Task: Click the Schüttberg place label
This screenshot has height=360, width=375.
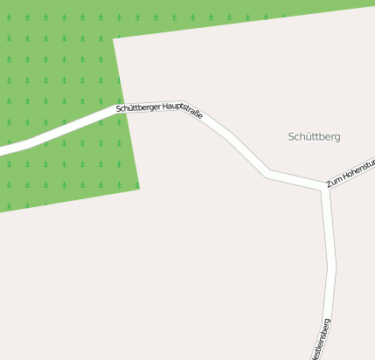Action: click(x=314, y=136)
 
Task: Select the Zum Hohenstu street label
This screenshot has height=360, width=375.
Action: click(x=350, y=173)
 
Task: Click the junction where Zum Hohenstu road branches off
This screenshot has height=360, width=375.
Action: click(x=325, y=188)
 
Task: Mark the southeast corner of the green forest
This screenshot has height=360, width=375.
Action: click(x=139, y=186)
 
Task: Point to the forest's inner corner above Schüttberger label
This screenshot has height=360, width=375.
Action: click(x=114, y=38)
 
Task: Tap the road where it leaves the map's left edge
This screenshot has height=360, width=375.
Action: click(x=2, y=150)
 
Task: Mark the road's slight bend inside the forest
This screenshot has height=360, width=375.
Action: click(x=31, y=142)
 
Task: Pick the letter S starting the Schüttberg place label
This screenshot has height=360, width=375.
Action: click(x=291, y=136)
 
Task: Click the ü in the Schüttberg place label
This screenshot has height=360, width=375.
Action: click(x=306, y=136)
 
